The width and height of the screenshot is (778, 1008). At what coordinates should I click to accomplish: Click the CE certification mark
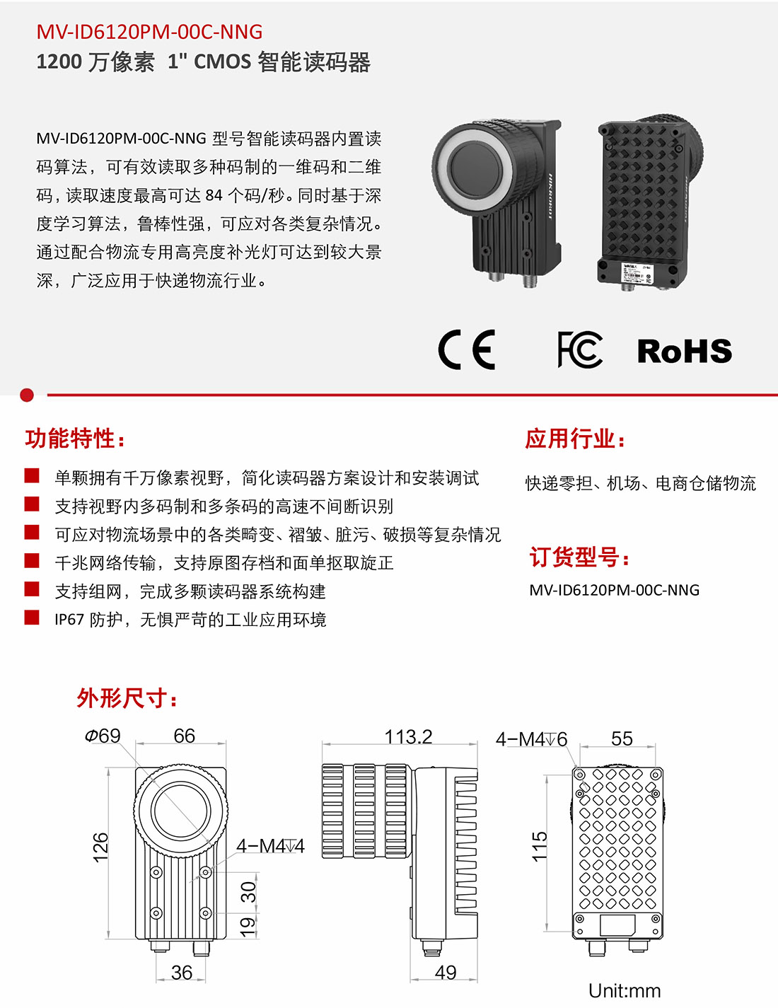(466, 349)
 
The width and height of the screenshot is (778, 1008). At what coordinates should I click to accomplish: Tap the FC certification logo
(580, 349)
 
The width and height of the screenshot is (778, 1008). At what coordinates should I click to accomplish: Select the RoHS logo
(684, 351)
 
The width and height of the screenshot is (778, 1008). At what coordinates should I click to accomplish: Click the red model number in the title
(149, 32)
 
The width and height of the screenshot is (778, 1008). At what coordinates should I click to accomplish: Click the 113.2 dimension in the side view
(408, 737)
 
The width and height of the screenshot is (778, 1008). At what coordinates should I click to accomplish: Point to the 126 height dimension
(101, 847)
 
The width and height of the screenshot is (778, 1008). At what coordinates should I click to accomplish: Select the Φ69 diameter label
(103, 736)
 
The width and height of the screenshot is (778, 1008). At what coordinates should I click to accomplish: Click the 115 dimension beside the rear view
(540, 847)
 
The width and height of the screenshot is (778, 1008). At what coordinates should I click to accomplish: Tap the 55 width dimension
(622, 739)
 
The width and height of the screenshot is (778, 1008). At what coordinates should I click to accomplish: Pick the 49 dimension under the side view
(446, 973)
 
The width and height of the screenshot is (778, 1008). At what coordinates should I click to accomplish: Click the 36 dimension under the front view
(182, 973)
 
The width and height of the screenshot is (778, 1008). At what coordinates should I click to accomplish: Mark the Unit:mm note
(625, 991)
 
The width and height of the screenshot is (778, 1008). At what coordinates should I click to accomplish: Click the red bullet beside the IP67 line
(32, 618)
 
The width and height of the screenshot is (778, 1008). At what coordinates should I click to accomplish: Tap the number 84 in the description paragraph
(214, 195)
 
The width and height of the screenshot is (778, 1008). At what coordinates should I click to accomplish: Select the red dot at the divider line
(27, 395)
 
